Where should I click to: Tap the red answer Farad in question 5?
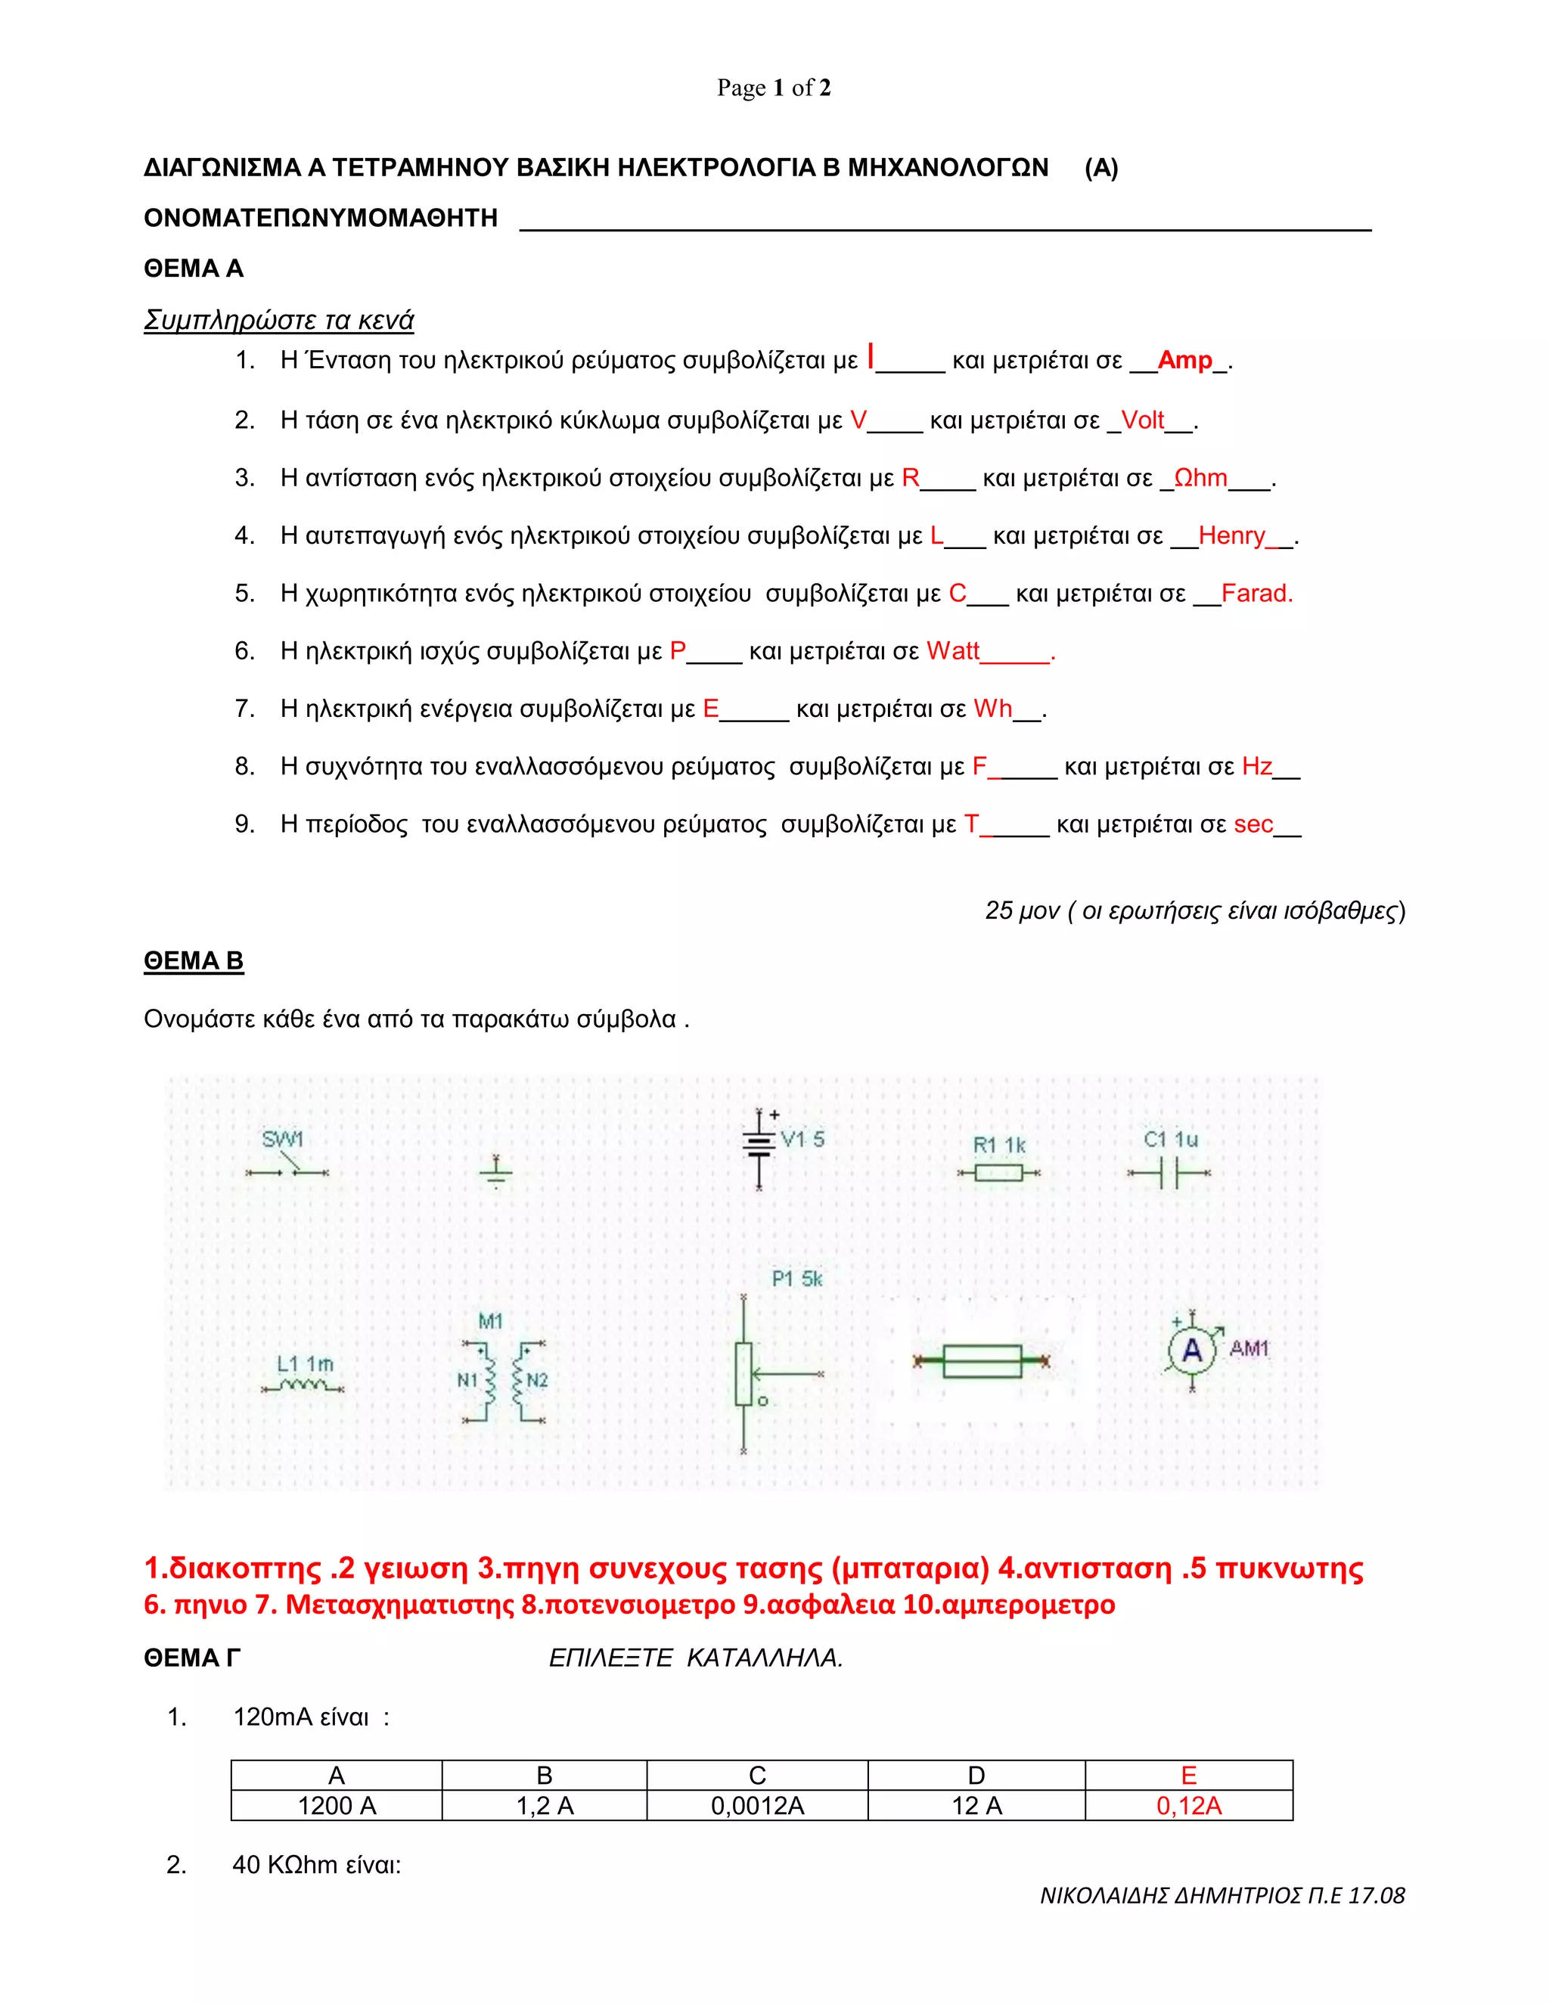(1256, 593)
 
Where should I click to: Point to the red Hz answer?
(1256, 766)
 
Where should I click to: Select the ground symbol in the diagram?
(495, 1171)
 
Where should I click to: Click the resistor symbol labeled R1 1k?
(998, 1173)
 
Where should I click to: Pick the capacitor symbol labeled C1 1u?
(1169, 1173)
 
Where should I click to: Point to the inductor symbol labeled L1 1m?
(303, 1385)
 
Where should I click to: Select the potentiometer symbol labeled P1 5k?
(744, 1373)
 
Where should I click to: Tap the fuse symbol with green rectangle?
(982, 1362)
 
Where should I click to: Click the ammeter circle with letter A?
(1191, 1350)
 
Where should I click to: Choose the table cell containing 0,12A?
(1188, 1806)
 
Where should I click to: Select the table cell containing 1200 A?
(337, 1806)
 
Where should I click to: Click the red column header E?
(1188, 1776)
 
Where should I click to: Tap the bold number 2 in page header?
(825, 88)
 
